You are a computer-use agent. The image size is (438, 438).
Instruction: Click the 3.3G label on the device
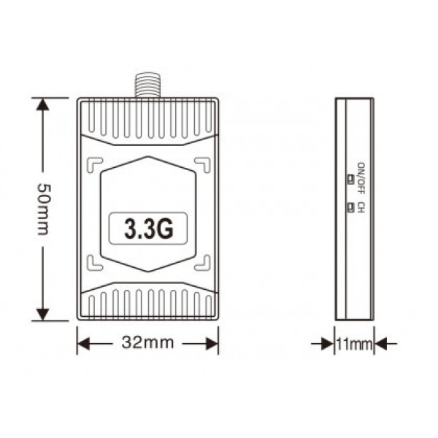[x=149, y=228]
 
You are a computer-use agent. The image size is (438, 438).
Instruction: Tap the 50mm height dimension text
[x=43, y=209]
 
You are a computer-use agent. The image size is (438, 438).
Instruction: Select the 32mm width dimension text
[x=147, y=342]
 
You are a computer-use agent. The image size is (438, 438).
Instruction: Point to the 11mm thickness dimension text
[x=354, y=344]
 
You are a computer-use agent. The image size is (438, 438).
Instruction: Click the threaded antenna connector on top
[x=147, y=85]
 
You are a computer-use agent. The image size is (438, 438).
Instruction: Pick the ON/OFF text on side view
[x=361, y=178]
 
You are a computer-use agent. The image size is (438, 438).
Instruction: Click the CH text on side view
[x=361, y=207]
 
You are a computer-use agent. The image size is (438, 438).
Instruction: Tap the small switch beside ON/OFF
[x=350, y=179]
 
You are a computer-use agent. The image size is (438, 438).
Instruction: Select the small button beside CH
[x=350, y=207]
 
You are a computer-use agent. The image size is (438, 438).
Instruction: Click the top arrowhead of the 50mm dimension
[x=43, y=104]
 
